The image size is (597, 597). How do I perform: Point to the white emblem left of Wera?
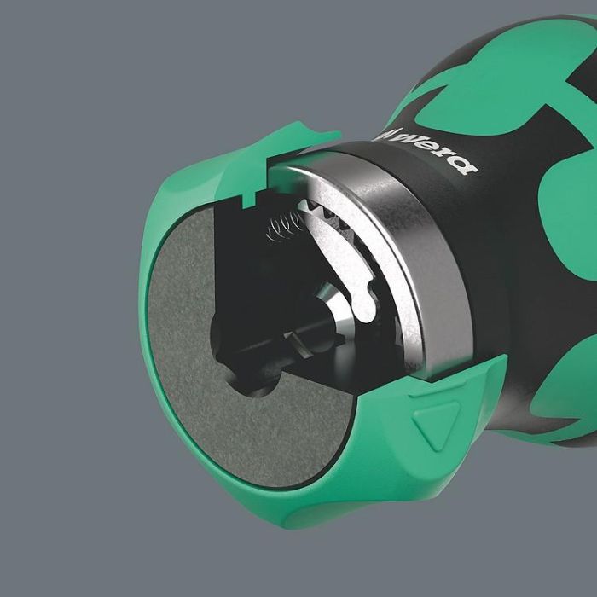[390, 133]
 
